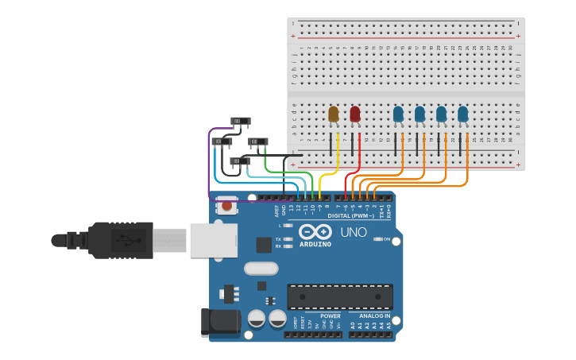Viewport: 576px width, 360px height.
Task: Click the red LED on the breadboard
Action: [355, 114]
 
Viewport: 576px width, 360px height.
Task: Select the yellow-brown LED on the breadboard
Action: [334, 114]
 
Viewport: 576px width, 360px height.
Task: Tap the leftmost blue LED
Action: [398, 114]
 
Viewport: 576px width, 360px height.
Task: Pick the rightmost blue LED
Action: [462, 114]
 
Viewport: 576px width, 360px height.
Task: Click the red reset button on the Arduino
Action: [227, 206]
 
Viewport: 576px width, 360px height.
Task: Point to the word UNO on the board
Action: [354, 233]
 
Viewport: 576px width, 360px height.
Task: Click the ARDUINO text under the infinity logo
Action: [315, 244]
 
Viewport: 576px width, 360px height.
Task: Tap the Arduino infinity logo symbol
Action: [315, 232]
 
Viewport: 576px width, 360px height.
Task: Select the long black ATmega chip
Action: [339, 296]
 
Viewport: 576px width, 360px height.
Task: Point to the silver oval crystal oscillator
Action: [261, 269]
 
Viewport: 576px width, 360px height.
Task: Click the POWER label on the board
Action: [330, 315]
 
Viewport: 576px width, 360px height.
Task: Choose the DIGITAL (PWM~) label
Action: [352, 215]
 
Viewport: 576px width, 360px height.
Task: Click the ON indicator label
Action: [387, 239]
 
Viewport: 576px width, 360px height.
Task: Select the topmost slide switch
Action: [240, 122]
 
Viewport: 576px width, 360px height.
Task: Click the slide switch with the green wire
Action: [258, 142]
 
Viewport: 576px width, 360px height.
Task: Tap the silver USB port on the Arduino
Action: [214, 240]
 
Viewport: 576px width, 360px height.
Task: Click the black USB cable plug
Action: [119, 240]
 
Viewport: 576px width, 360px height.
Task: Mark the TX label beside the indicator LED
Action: [277, 238]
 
